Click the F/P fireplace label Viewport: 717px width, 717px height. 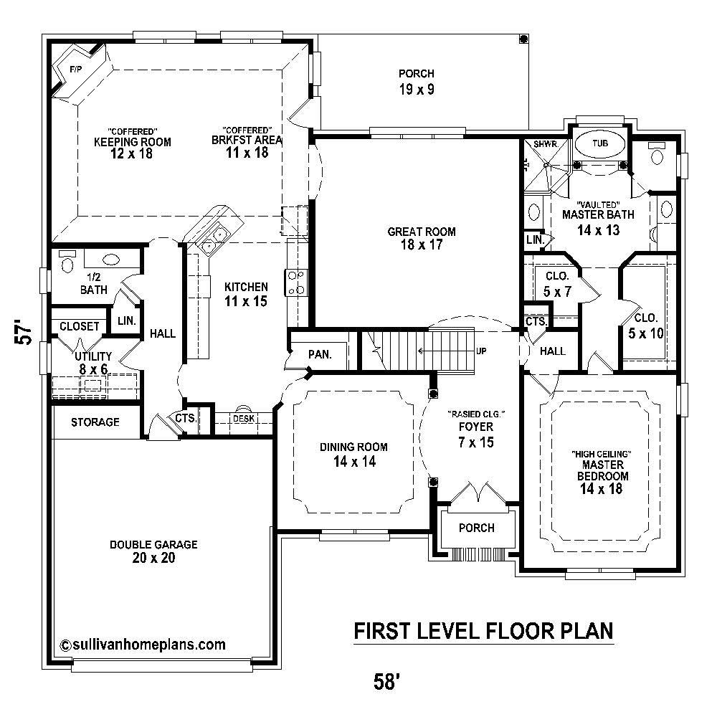(x=75, y=68)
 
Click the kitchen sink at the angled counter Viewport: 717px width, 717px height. (x=214, y=239)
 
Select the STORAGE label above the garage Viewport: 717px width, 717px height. (x=95, y=422)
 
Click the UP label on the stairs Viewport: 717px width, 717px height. (x=482, y=351)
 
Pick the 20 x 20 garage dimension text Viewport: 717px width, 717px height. (x=153, y=559)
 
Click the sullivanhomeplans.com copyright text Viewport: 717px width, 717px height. (x=143, y=644)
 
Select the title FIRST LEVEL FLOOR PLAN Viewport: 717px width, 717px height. (x=485, y=631)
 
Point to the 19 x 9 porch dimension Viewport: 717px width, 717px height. (x=417, y=90)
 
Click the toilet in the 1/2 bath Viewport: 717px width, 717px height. (x=68, y=263)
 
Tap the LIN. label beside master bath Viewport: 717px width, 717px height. (x=533, y=239)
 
